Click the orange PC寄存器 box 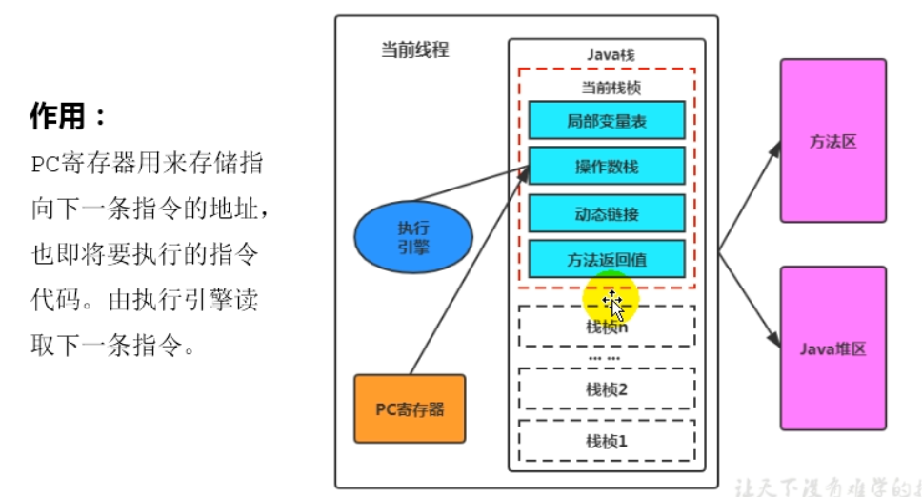coord(410,409)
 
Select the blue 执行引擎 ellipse coord(413,235)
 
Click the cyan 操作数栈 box coord(607,166)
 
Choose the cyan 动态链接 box coord(607,212)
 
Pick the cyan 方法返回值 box coord(607,259)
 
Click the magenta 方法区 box coord(833,141)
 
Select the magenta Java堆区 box coord(833,348)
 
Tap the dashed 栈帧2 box coord(607,388)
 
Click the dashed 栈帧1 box coord(607,441)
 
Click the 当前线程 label coord(414,50)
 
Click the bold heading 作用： coord(70,117)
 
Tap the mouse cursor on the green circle coord(613,305)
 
